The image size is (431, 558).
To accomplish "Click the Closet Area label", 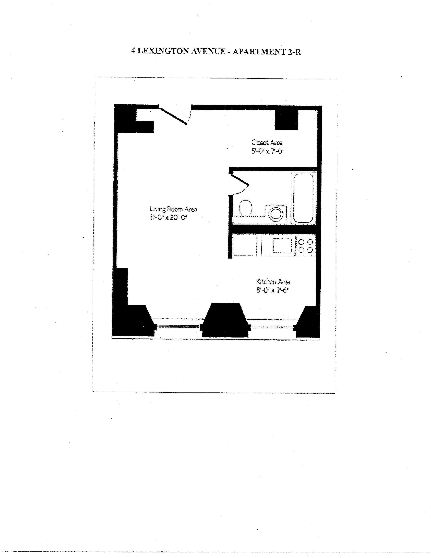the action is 267,143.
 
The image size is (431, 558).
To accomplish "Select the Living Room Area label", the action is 173,209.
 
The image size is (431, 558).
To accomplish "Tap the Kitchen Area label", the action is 273,282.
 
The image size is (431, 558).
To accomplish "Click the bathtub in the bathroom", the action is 303,198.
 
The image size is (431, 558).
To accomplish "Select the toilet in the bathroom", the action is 246,208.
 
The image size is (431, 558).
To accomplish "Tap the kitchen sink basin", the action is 282,246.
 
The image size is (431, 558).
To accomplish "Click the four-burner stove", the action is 306,245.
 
